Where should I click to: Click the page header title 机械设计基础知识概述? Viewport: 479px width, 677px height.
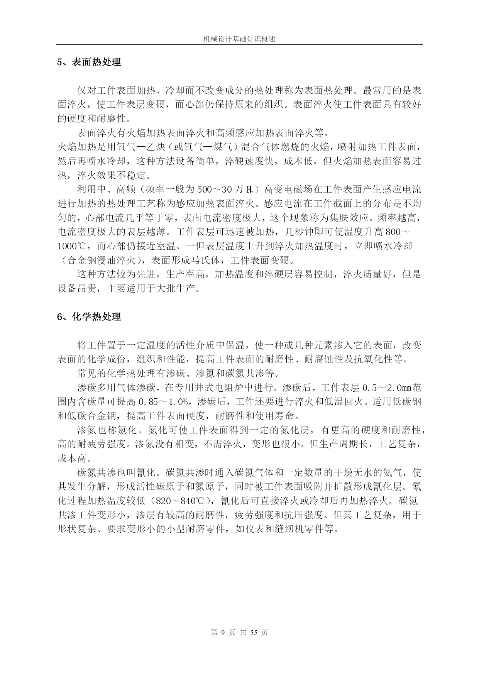click(x=239, y=39)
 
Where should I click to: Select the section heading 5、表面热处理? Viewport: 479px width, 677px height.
click(x=89, y=62)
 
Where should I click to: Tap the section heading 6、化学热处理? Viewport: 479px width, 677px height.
click(x=89, y=317)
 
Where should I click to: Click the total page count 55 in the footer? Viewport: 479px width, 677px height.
click(x=254, y=632)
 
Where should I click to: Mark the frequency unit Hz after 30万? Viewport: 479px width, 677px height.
click(x=250, y=190)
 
